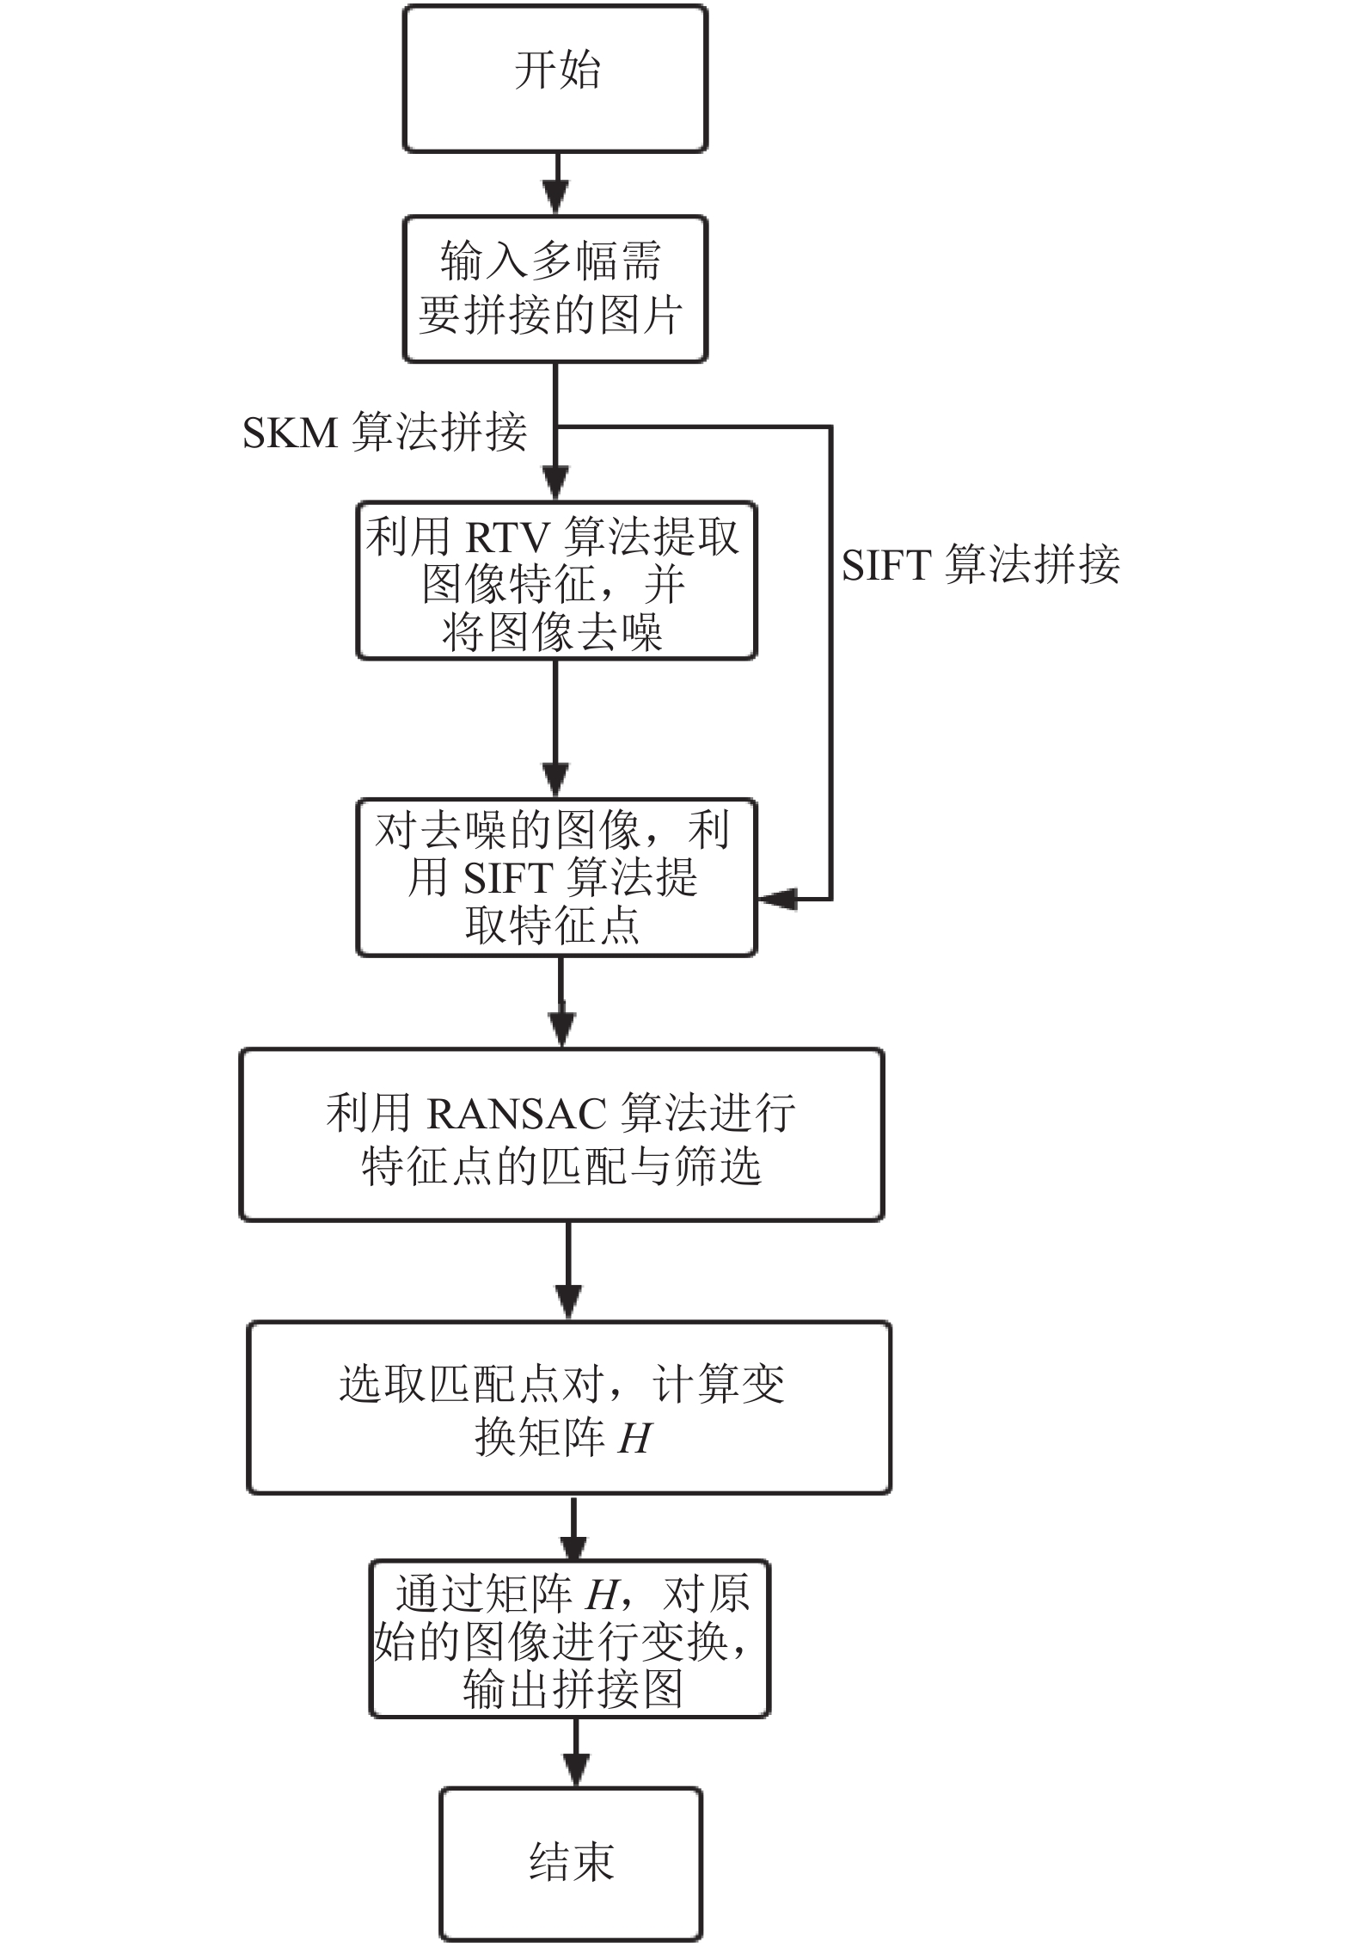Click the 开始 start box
(555, 79)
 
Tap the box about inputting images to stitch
(555, 289)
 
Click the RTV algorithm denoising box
(556, 581)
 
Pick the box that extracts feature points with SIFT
(556, 877)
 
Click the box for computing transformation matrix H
(569, 1408)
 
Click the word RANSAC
(518, 1113)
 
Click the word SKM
(291, 432)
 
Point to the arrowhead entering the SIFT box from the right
(777, 899)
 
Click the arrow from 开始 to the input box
(556, 184)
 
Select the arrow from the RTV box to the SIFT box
(556, 729)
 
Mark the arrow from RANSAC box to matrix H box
(568, 1271)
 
